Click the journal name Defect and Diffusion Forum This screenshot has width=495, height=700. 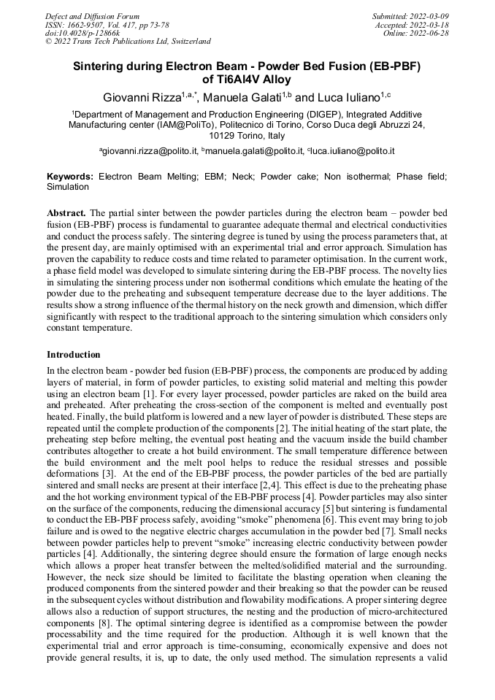(x=92, y=16)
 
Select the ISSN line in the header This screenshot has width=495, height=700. (x=107, y=25)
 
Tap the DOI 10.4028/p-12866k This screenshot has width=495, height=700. (x=82, y=33)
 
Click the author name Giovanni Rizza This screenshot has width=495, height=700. (x=142, y=97)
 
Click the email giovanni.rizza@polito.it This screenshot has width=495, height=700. (x=151, y=151)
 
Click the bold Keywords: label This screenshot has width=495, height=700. (x=70, y=177)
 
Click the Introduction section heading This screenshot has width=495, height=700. (x=74, y=355)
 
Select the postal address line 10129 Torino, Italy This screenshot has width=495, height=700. (x=247, y=136)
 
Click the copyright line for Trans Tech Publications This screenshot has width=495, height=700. (x=128, y=42)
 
